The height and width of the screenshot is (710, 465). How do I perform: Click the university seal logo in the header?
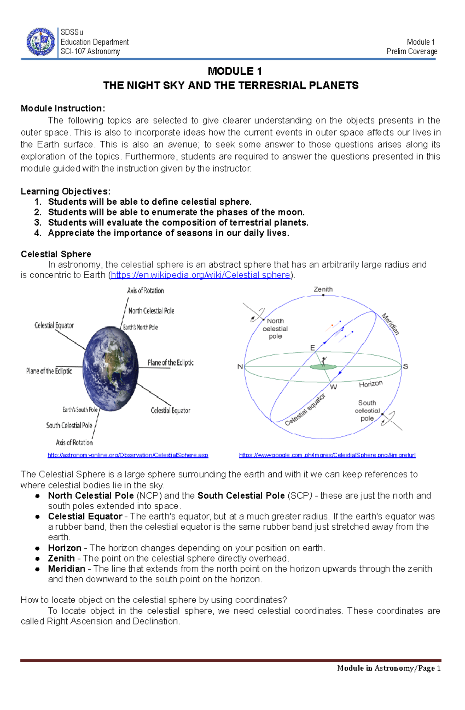point(41,42)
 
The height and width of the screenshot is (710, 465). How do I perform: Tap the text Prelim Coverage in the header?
point(412,51)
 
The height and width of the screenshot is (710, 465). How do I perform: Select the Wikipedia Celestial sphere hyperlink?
point(200,275)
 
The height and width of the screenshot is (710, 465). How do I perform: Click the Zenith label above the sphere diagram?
point(323,289)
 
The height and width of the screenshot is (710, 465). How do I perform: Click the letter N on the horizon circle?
point(240,367)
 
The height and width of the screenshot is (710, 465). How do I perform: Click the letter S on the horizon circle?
point(405,366)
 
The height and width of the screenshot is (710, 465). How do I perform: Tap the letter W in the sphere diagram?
point(333,387)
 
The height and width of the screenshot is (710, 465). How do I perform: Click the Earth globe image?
point(111,370)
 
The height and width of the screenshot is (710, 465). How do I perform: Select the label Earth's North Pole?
point(140,327)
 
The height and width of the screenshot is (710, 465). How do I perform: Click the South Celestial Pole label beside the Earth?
point(69,426)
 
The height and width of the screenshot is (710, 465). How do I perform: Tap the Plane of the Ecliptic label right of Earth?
point(170,363)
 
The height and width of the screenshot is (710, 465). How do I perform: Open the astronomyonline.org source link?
point(128,455)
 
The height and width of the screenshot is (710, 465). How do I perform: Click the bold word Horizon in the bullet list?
point(64,548)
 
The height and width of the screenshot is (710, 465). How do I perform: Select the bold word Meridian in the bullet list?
point(66,569)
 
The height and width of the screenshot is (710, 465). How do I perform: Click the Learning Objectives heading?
point(65,192)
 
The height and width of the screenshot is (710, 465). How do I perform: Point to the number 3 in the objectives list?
point(38,222)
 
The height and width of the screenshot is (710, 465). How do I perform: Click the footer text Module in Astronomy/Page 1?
point(389,668)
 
